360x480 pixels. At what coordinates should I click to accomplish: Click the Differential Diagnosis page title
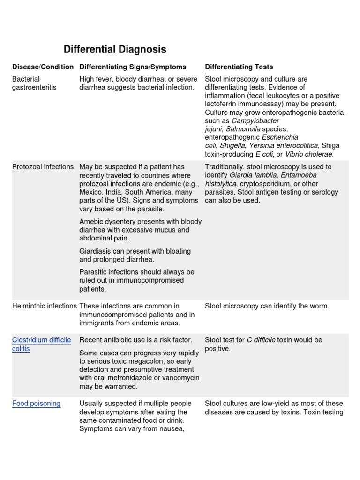[114, 50]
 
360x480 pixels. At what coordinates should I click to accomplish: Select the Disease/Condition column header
[43, 67]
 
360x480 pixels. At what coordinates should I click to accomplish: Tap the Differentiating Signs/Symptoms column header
[133, 67]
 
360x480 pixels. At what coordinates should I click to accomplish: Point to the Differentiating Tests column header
[239, 67]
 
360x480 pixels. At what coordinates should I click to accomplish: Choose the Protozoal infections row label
[43, 167]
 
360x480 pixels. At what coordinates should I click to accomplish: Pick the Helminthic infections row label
[45, 306]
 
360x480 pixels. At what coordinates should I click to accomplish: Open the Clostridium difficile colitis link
[41, 345]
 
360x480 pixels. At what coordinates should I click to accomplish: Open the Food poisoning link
[36, 404]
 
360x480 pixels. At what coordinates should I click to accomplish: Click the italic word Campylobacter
[255, 120]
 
